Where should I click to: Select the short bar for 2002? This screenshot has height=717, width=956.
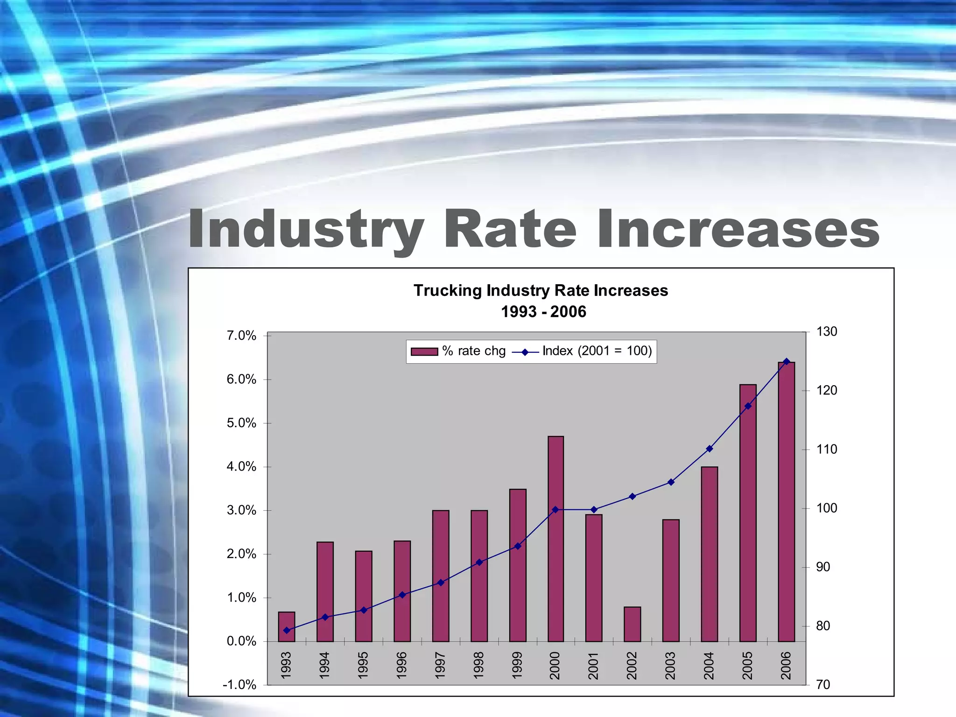click(x=632, y=625)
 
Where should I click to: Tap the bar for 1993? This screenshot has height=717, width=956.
click(x=287, y=626)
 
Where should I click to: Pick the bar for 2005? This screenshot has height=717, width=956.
click(x=748, y=513)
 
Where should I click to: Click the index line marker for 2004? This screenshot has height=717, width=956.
click(x=710, y=449)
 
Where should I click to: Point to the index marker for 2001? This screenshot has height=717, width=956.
click(x=594, y=509)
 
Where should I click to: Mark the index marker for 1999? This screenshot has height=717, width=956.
click(x=517, y=546)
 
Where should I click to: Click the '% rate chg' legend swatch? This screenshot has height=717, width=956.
click(x=424, y=351)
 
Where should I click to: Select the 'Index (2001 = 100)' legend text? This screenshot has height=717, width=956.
click(x=597, y=351)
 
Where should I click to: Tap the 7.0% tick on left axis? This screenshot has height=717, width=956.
click(x=241, y=336)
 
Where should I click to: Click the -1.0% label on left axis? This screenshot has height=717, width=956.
click(x=239, y=685)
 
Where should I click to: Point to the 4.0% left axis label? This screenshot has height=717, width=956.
click(x=241, y=466)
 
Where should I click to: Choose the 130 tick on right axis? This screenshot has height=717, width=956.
click(x=826, y=332)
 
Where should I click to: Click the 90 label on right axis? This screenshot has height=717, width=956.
click(x=823, y=567)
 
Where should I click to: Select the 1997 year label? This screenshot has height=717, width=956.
click(x=440, y=665)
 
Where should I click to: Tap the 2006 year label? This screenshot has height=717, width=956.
click(x=787, y=665)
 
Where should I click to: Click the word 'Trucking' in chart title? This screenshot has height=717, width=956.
click(x=448, y=291)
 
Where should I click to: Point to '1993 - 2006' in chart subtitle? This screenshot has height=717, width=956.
click(x=543, y=312)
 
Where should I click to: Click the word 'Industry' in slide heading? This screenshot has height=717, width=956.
click(x=306, y=230)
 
